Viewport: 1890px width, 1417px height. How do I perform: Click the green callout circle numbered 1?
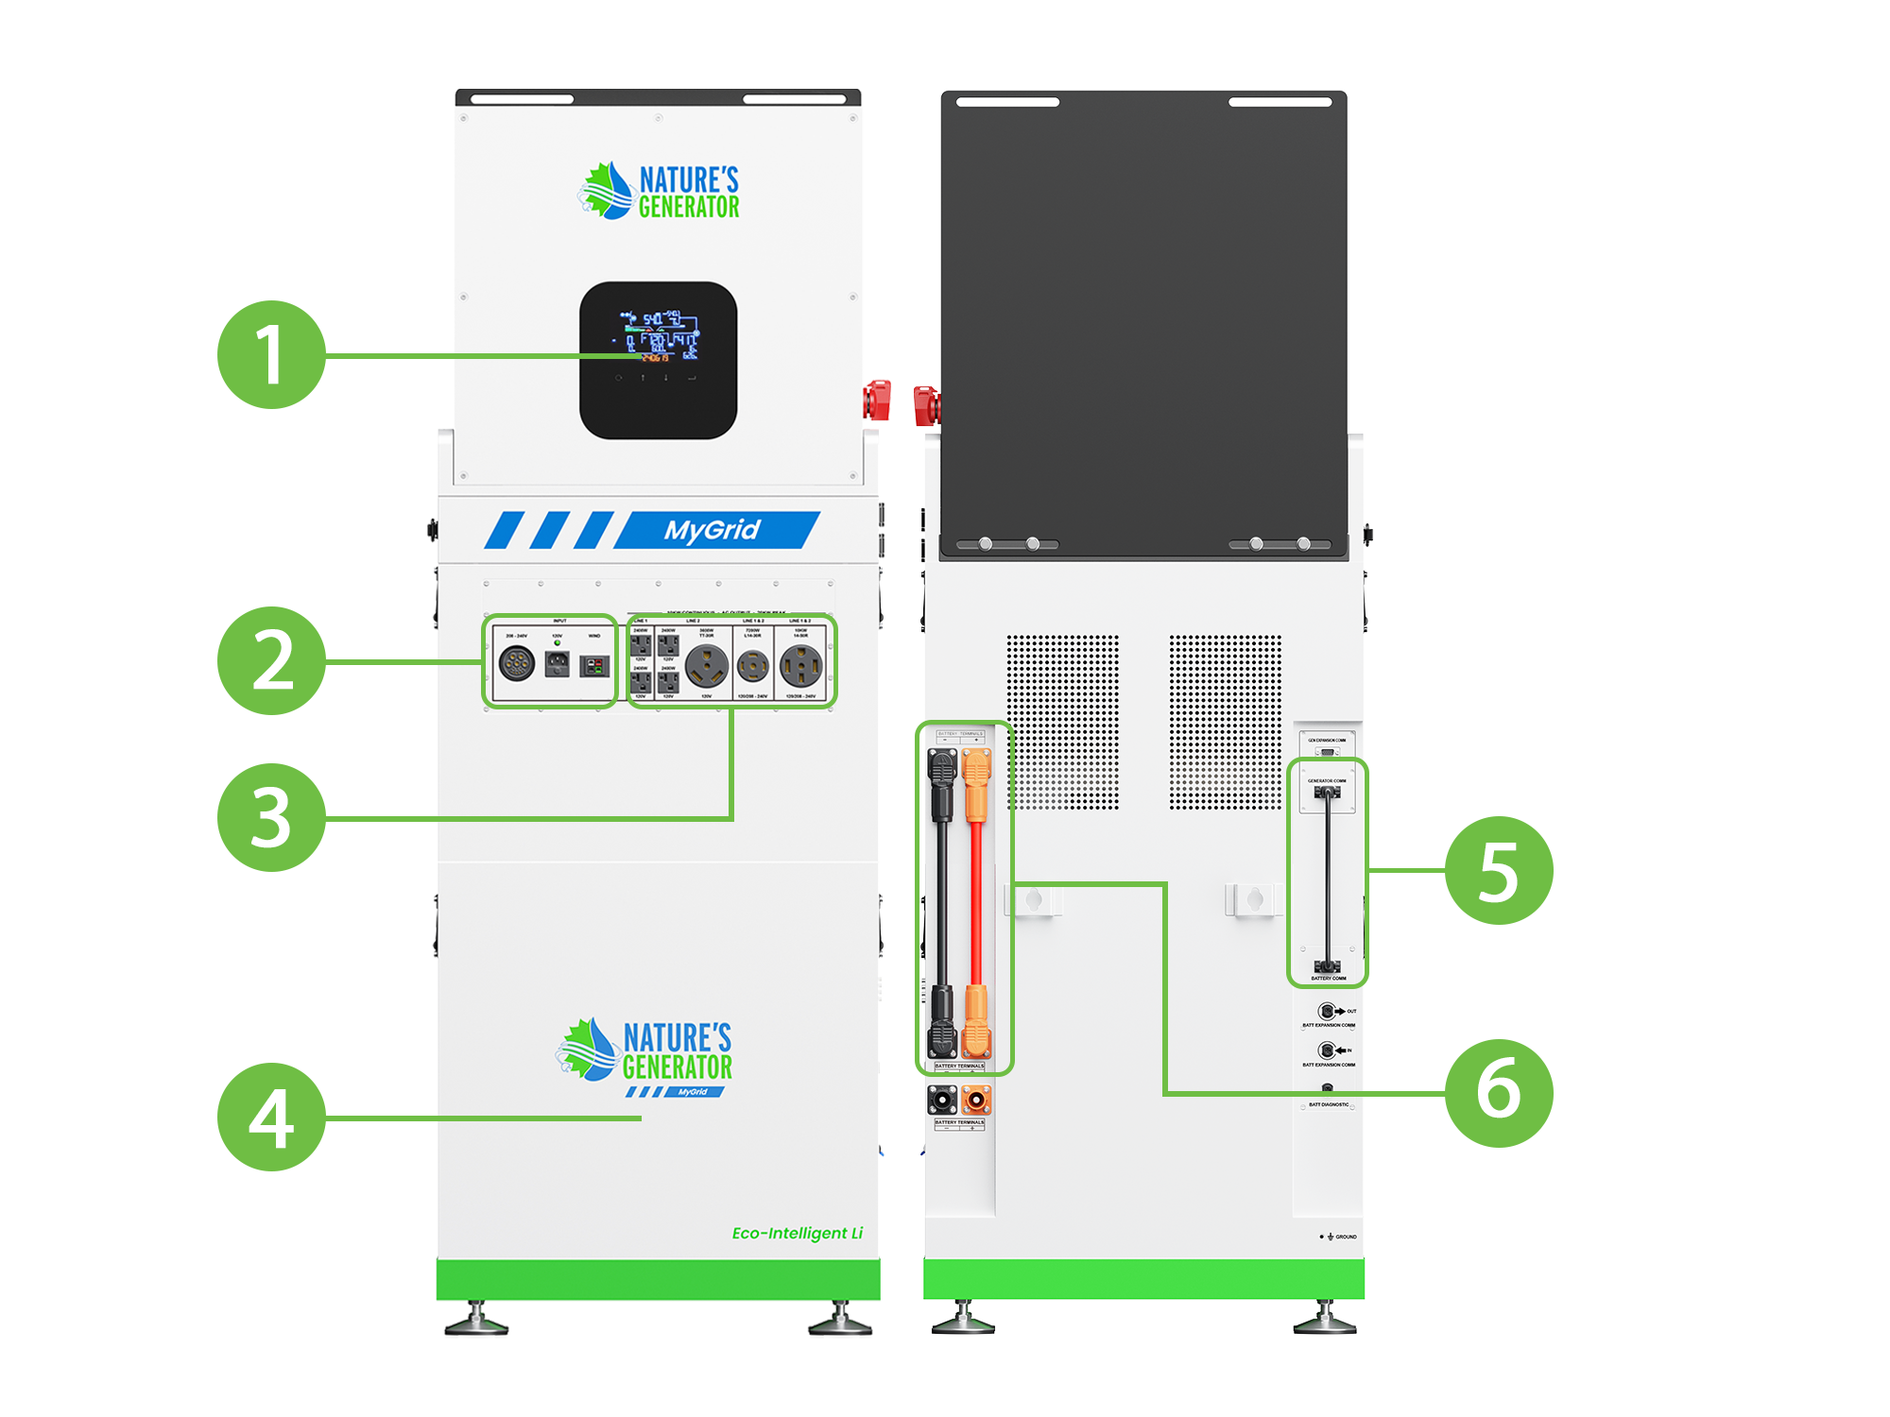(271, 354)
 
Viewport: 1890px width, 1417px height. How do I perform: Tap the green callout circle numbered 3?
(271, 817)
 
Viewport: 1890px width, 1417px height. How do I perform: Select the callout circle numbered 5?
(1499, 870)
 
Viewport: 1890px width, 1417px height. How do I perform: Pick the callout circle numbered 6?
(1499, 1093)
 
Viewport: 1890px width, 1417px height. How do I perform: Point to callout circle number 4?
(271, 1117)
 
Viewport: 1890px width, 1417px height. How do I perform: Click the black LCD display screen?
(658, 359)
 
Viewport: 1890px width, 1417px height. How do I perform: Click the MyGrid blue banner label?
(712, 530)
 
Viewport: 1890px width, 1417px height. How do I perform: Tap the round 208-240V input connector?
(517, 664)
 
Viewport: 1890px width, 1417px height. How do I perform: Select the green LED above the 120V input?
(557, 643)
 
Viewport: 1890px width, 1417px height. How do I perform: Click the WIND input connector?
(594, 666)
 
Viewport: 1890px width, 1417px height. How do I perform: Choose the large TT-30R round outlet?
(706, 665)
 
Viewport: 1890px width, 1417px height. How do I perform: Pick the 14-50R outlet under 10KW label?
(801, 666)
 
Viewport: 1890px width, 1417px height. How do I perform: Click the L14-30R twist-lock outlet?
(753, 666)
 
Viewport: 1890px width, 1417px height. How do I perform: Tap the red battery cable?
(977, 897)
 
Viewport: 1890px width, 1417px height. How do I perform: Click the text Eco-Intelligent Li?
(797, 1233)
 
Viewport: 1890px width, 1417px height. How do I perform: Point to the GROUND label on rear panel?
(1345, 1237)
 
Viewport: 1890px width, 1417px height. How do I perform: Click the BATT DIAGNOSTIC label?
(1328, 1104)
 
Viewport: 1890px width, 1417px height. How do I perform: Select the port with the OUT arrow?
(1327, 1012)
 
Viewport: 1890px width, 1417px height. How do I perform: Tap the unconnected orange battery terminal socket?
(976, 1100)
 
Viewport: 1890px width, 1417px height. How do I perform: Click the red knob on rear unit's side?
(926, 405)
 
